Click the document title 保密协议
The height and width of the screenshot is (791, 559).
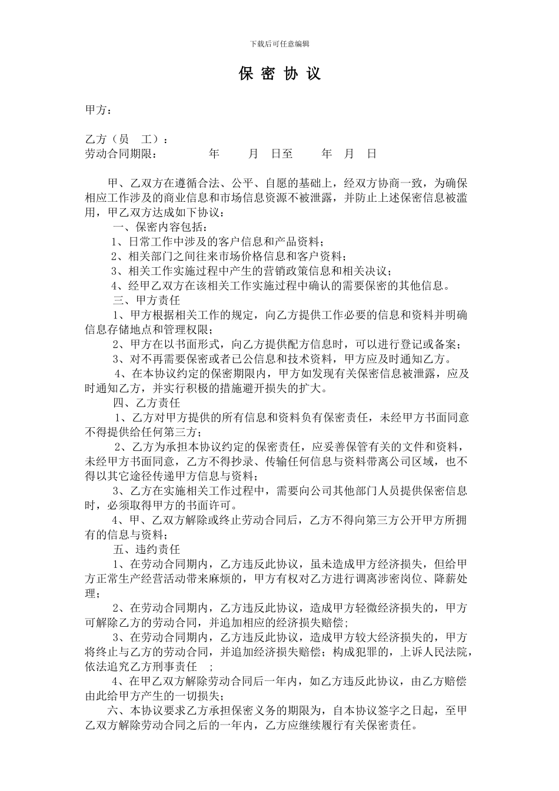coord(279,74)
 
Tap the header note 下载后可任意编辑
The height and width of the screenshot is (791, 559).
coord(279,44)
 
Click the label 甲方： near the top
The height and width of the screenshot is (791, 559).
coord(98,111)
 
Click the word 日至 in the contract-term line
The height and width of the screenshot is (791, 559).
coord(282,154)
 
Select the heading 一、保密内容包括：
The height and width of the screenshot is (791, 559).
coord(160,227)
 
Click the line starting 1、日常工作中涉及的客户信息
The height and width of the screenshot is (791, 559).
coord(218,242)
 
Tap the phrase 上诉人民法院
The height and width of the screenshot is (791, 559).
coord(434,652)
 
